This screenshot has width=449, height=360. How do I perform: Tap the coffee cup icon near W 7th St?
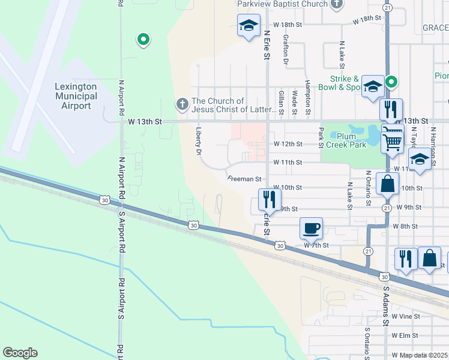pyautogui.click(x=311, y=229)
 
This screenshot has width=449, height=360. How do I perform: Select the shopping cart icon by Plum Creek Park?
pyautogui.click(x=393, y=141)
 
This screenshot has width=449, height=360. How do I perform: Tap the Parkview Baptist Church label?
pyautogui.click(x=282, y=4)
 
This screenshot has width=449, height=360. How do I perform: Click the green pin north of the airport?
pyautogui.click(x=143, y=40)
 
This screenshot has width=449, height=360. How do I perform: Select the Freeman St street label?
pyautogui.click(x=245, y=179)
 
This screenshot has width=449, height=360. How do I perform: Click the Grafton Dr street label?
pyautogui.click(x=286, y=50)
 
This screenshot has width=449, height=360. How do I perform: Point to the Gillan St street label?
pyautogui.click(x=281, y=102)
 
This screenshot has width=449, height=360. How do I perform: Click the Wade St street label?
pyautogui.click(x=294, y=102)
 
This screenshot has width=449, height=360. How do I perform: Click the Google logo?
pyautogui.click(x=20, y=353)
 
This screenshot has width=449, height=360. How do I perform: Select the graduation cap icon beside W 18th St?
pyautogui.click(x=249, y=26)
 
